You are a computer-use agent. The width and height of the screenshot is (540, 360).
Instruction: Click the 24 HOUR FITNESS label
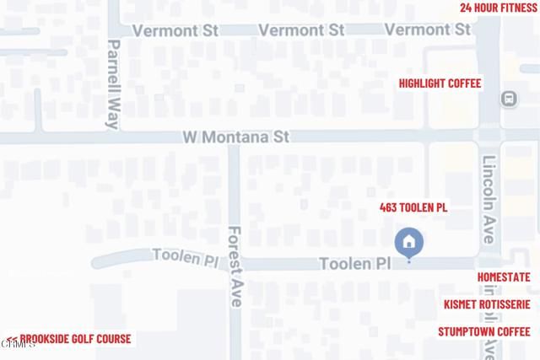(x=498, y=8)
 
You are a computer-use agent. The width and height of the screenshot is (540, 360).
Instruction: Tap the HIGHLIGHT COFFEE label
(x=440, y=83)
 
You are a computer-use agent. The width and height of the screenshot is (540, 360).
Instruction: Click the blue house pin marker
(x=409, y=244)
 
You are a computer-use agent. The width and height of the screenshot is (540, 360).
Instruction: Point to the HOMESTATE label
(x=504, y=277)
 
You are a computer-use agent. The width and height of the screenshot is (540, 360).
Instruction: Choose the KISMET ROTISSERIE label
(x=487, y=304)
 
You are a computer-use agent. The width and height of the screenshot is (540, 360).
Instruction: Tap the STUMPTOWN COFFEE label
(x=483, y=331)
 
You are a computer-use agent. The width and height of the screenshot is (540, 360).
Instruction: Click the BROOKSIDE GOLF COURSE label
(x=69, y=339)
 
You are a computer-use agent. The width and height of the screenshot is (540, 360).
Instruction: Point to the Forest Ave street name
(x=235, y=264)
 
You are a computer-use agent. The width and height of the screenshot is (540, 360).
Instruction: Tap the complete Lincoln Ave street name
(x=489, y=199)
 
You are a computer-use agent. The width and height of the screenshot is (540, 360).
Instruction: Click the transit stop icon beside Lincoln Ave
(x=509, y=99)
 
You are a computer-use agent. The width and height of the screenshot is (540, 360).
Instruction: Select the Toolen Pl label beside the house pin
(x=355, y=264)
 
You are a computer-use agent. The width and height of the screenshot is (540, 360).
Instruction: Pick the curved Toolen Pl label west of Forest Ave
(x=184, y=256)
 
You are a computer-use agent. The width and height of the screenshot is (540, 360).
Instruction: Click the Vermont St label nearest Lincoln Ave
(x=428, y=30)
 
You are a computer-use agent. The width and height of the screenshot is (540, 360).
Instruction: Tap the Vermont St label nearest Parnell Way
(x=175, y=30)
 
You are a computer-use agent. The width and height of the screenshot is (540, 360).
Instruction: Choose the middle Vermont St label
(x=301, y=30)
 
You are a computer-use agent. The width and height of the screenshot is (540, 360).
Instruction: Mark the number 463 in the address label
(x=389, y=208)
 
